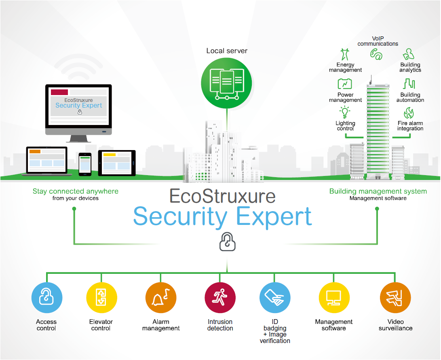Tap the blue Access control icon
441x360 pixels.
pyautogui.click(x=47, y=298)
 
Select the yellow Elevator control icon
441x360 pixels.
pyautogui.click(x=101, y=298)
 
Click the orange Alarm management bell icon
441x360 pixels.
pyautogui.click(x=161, y=298)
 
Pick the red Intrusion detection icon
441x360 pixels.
pyautogui.click(x=220, y=298)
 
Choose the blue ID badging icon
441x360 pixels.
pyautogui.click(x=275, y=298)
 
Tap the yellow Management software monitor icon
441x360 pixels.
pyautogui.click(x=334, y=298)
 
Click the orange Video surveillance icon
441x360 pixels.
pyautogui.click(x=395, y=298)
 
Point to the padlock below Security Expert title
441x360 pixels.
pyautogui.click(x=227, y=241)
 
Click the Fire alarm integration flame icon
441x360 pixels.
pyautogui.click(x=409, y=113)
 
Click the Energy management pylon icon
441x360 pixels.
pyautogui.click(x=345, y=54)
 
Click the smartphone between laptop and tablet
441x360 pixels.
pyautogui.click(x=85, y=164)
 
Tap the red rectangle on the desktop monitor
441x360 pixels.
pyautogui.click(x=59, y=92)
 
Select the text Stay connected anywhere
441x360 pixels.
pyautogui.click(x=76, y=191)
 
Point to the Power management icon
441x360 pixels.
pyautogui.click(x=345, y=84)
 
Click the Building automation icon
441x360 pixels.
pyautogui.click(x=409, y=84)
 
